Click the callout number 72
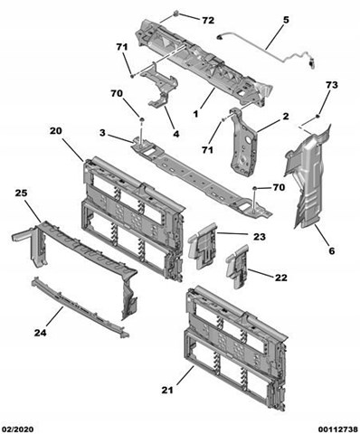tap(208, 20)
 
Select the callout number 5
tap(286, 20)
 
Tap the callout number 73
tap(332, 85)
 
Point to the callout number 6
tap(332, 250)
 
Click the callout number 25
tap(22, 193)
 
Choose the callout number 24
tap(40, 333)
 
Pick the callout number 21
tap(167, 390)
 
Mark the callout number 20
tap(56, 131)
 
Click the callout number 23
tap(260, 237)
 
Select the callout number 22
tap(281, 278)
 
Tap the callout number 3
tap(102, 132)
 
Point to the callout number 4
tap(176, 134)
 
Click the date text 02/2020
tap(17, 429)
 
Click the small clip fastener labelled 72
tap(176, 14)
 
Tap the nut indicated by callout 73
tap(317, 117)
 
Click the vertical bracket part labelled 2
tap(242, 142)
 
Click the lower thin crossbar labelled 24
tap(80, 307)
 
